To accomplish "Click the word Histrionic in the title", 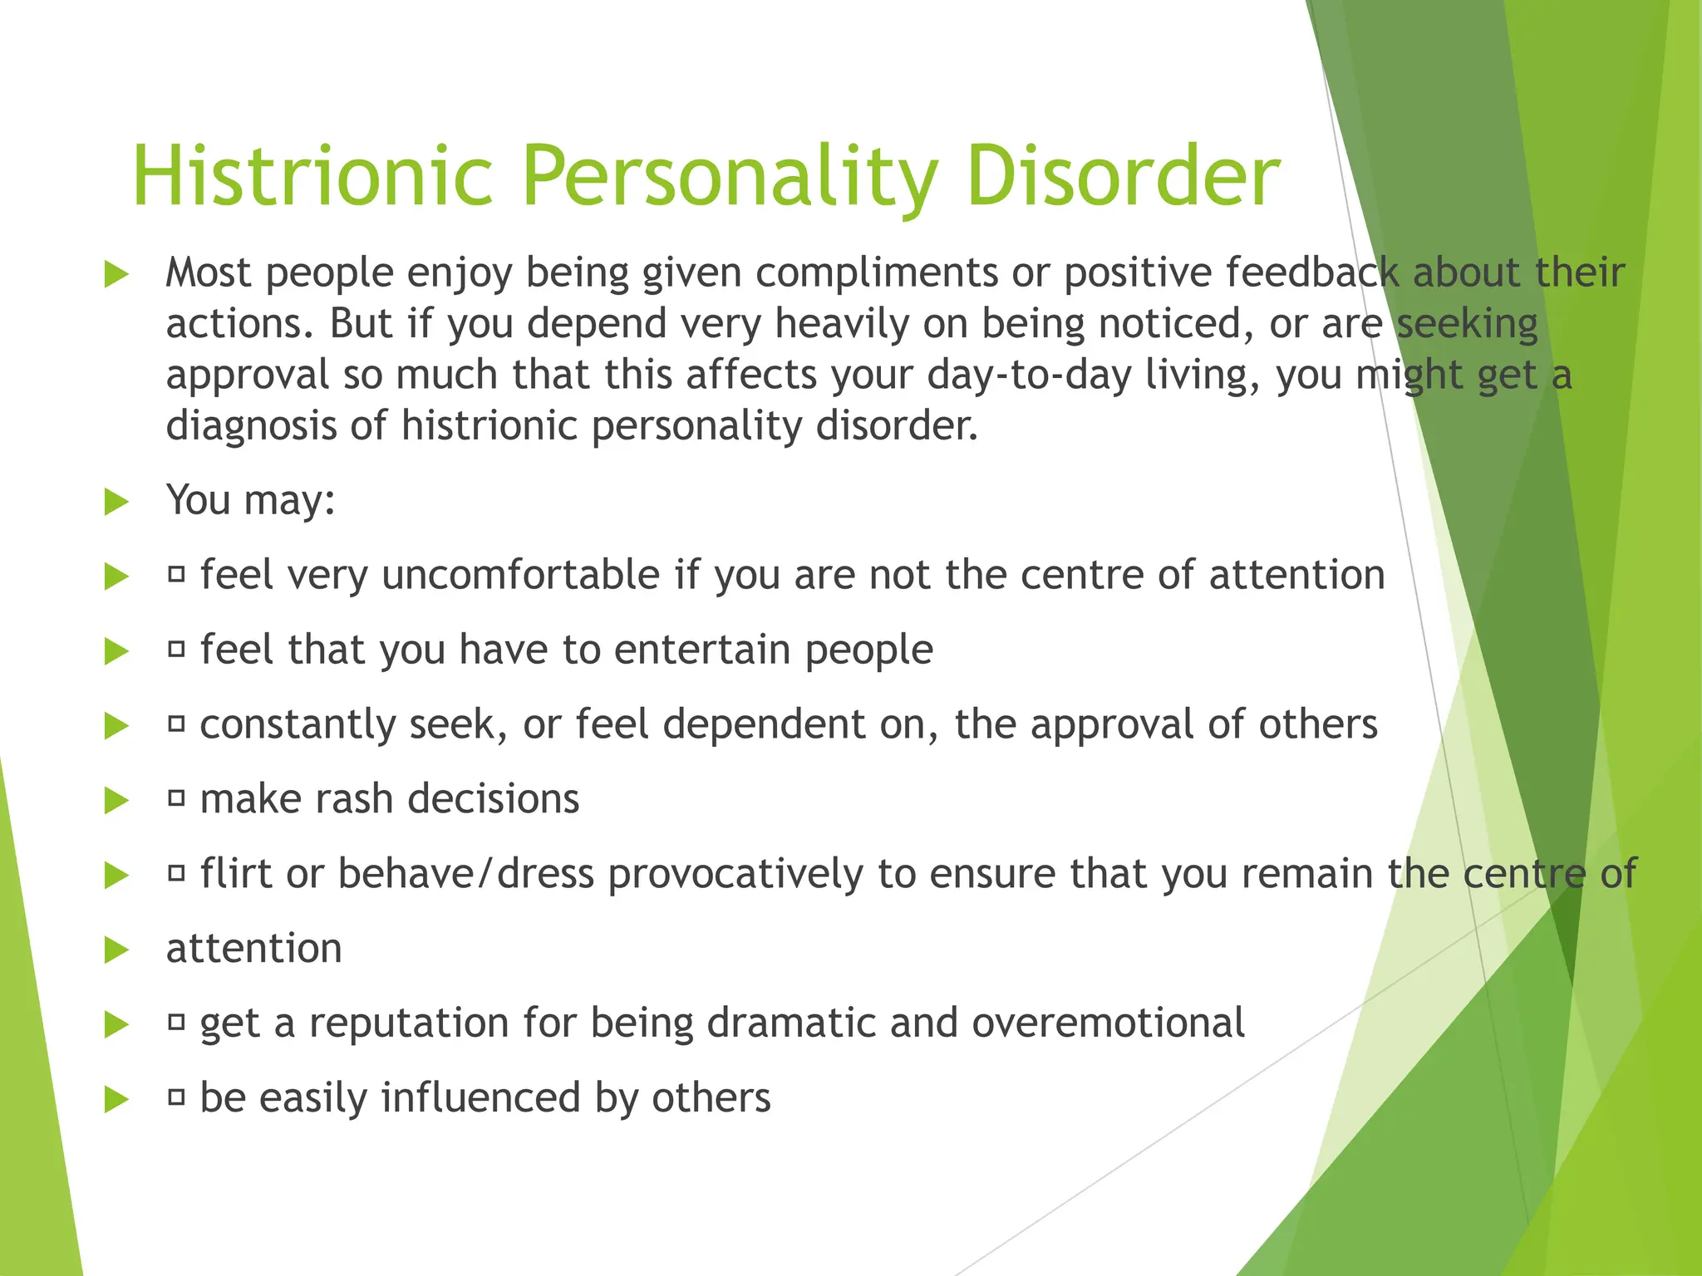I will pyautogui.click(x=312, y=176).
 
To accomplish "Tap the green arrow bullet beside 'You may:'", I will pyautogui.click(x=116, y=502).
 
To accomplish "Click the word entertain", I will pyautogui.click(x=702, y=650).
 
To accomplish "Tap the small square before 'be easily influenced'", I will pyautogui.click(x=176, y=1098).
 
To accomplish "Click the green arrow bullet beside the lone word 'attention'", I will pyautogui.click(x=116, y=950).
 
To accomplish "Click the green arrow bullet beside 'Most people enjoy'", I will pyautogui.click(x=116, y=274).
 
